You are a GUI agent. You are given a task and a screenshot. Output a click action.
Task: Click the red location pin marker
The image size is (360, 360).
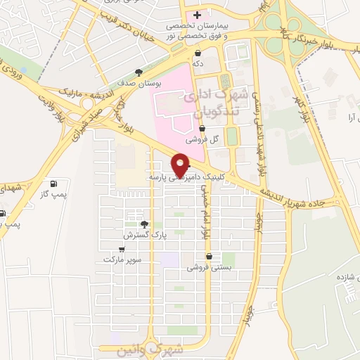[181, 164]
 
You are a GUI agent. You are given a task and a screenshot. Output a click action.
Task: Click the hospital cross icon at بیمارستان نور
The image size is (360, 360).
[198, 15]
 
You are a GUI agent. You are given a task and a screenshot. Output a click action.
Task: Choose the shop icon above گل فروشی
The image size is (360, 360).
[202, 128]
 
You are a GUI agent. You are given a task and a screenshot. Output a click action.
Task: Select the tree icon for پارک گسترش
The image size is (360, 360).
[144, 224]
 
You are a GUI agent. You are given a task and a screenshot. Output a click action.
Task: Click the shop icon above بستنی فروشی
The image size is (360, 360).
[207, 256]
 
